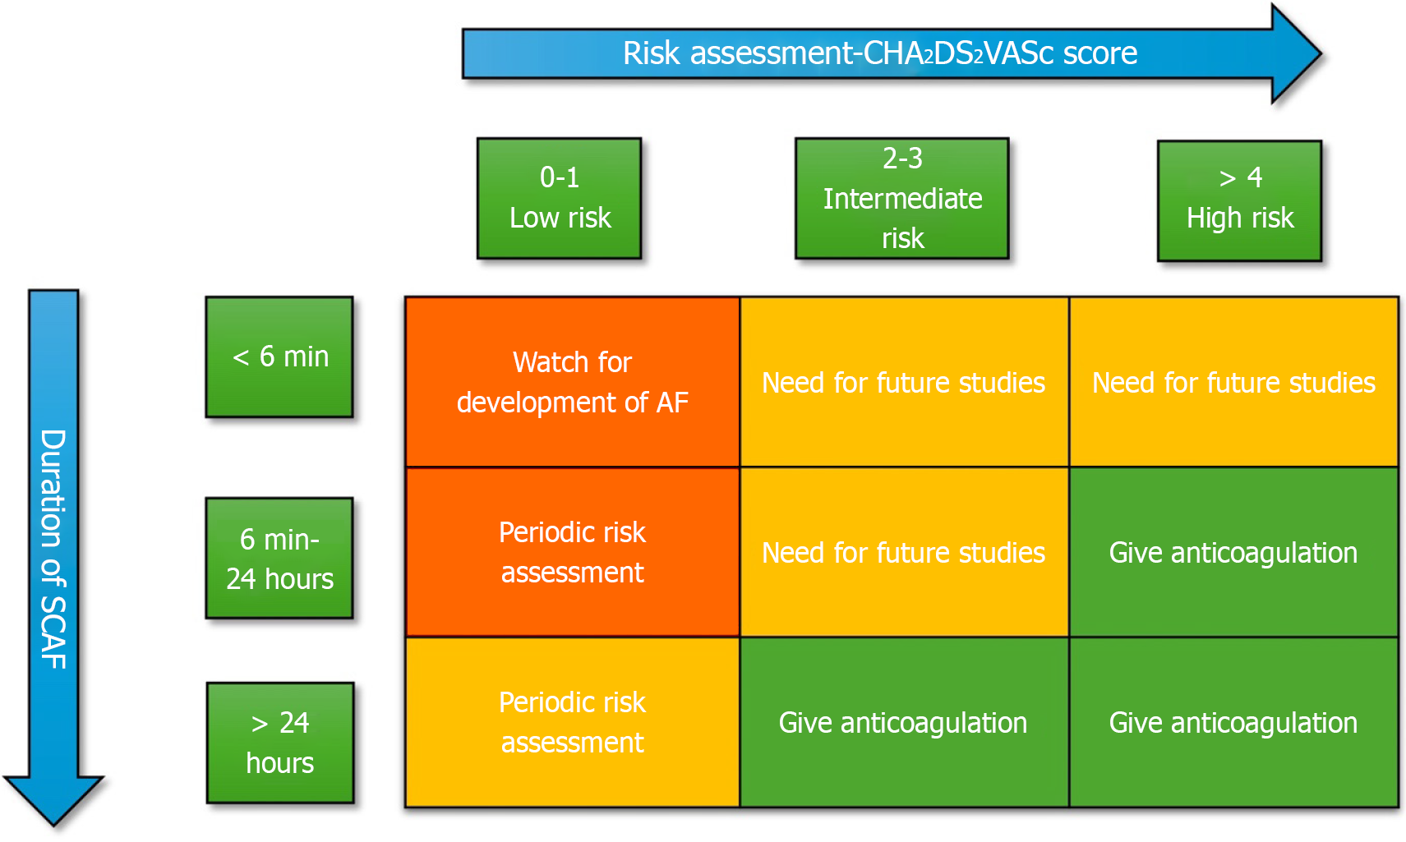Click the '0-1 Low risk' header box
coord(560,198)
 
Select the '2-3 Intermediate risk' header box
coord(901,198)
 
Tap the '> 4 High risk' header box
coord(1239,200)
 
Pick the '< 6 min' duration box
coord(279,357)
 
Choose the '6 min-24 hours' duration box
coord(279,558)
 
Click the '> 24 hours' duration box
coord(280,743)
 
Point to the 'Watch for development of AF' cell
coord(573,382)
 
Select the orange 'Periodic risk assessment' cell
coord(573,552)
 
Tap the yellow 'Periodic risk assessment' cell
coord(573,722)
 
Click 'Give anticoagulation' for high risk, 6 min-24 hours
coord(1233,552)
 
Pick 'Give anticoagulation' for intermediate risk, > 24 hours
coord(903,722)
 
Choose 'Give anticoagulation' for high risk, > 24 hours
coord(1233,722)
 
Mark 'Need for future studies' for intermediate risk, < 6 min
coord(903,382)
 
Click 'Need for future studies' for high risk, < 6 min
coord(1233,382)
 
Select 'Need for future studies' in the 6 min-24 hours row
coord(903,552)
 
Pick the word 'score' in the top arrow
coord(1100,53)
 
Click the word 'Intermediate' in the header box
coord(902,198)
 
